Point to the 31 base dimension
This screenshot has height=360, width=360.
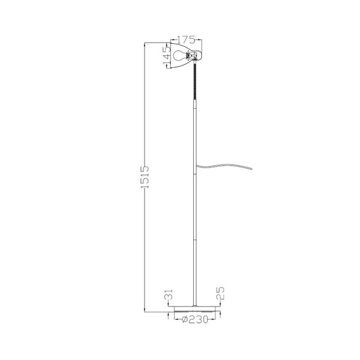click(169, 296)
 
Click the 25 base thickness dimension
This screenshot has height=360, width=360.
click(220, 295)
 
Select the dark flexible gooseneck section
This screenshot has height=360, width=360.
click(194, 81)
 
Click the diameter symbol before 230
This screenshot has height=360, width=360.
click(183, 320)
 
